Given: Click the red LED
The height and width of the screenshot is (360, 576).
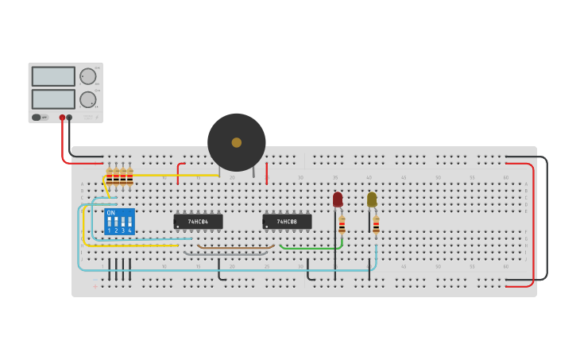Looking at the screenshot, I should click(338, 199).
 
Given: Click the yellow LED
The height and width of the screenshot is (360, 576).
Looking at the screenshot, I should click(372, 199).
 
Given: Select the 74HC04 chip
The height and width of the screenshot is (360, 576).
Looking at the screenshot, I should click(198, 222).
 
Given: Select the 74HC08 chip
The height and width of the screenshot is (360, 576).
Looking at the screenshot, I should click(287, 222).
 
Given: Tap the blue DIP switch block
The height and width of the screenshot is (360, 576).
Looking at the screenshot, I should click(119, 222).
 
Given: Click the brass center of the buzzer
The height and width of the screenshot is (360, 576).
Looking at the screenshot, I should click(236, 142).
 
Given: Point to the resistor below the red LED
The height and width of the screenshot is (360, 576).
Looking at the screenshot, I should click(342, 224).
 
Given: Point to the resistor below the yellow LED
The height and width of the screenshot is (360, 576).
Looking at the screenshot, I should click(376, 224).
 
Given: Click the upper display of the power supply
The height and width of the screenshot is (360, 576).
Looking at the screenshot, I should click(53, 76).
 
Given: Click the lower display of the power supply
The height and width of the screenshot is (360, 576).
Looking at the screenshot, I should click(53, 99).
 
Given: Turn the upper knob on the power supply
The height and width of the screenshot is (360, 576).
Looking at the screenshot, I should click(87, 76).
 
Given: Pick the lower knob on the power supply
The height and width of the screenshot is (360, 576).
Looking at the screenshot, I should click(87, 99).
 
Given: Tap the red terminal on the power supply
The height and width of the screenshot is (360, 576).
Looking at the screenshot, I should click(62, 118).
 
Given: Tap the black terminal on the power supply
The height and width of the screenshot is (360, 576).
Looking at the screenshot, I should click(69, 118).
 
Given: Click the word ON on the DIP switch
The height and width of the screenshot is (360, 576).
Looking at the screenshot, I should click(110, 213).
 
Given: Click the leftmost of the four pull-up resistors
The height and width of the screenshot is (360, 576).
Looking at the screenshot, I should click(110, 176).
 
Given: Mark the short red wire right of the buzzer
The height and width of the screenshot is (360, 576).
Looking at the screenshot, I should click(266, 173).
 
